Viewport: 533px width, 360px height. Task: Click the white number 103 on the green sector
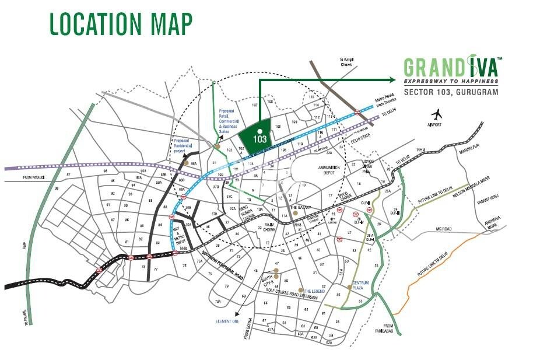260,139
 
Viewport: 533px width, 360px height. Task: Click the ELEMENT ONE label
227,321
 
